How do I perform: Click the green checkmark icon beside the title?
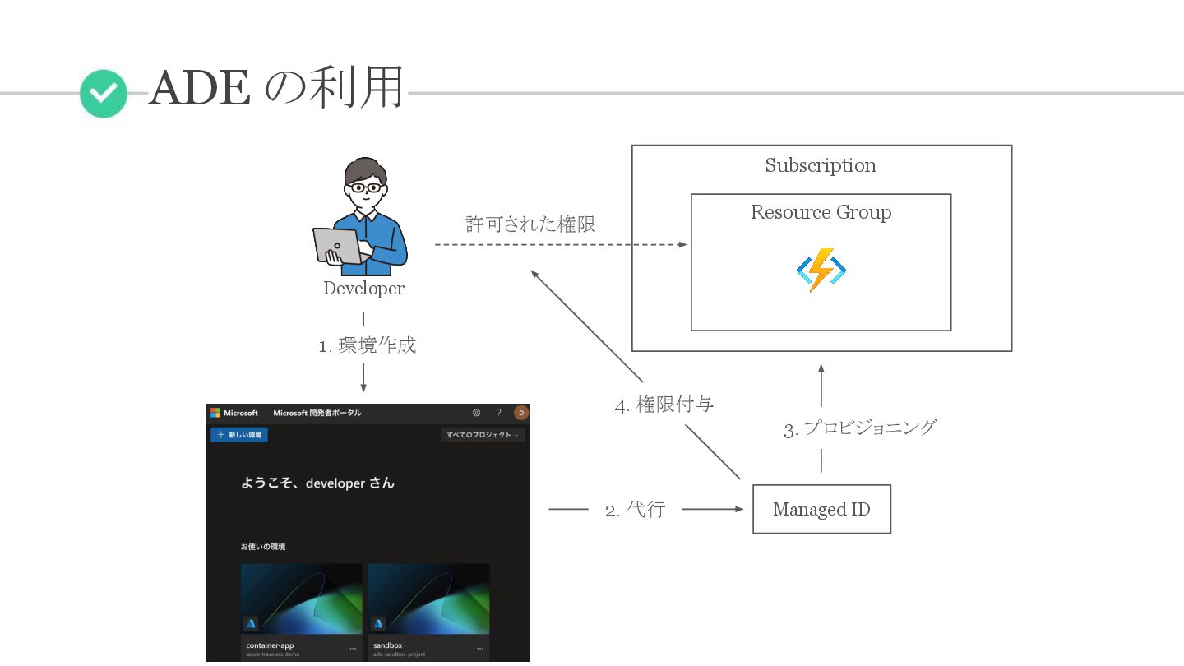[x=104, y=94]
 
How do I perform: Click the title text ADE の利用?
[x=277, y=88]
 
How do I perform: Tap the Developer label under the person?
[x=363, y=289]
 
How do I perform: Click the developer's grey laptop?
[x=336, y=245]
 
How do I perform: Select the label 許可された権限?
[x=530, y=224]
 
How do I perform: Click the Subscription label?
[x=821, y=165]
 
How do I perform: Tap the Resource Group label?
[x=821, y=212]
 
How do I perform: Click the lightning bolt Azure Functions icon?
[x=821, y=271]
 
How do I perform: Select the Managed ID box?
[x=821, y=510]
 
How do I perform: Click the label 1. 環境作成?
[x=368, y=345]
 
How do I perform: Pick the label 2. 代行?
[x=635, y=510]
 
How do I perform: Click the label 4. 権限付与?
[x=664, y=405]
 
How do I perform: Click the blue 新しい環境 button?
[x=238, y=435]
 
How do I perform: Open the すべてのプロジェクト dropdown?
[x=483, y=435]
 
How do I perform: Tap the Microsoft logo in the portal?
[x=215, y=413]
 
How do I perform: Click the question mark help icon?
[x=498, y=413]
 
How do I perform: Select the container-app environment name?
[x=270, y=645]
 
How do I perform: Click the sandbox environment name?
[x=387, y=645]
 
